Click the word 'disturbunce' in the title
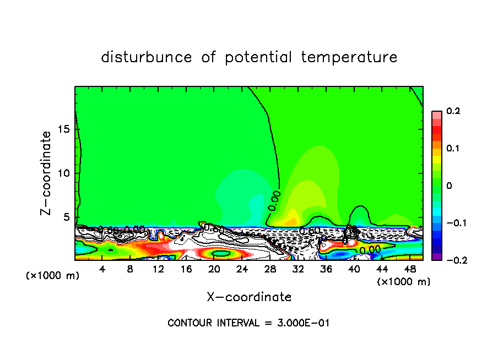[147, 57]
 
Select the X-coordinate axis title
[249, 297]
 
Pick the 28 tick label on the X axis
[270, 269]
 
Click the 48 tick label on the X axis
[410, 269]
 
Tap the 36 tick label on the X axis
[327, 269]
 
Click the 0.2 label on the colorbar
[453, 111]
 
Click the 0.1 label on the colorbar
[453, 149]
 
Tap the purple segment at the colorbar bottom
[437, 256]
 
